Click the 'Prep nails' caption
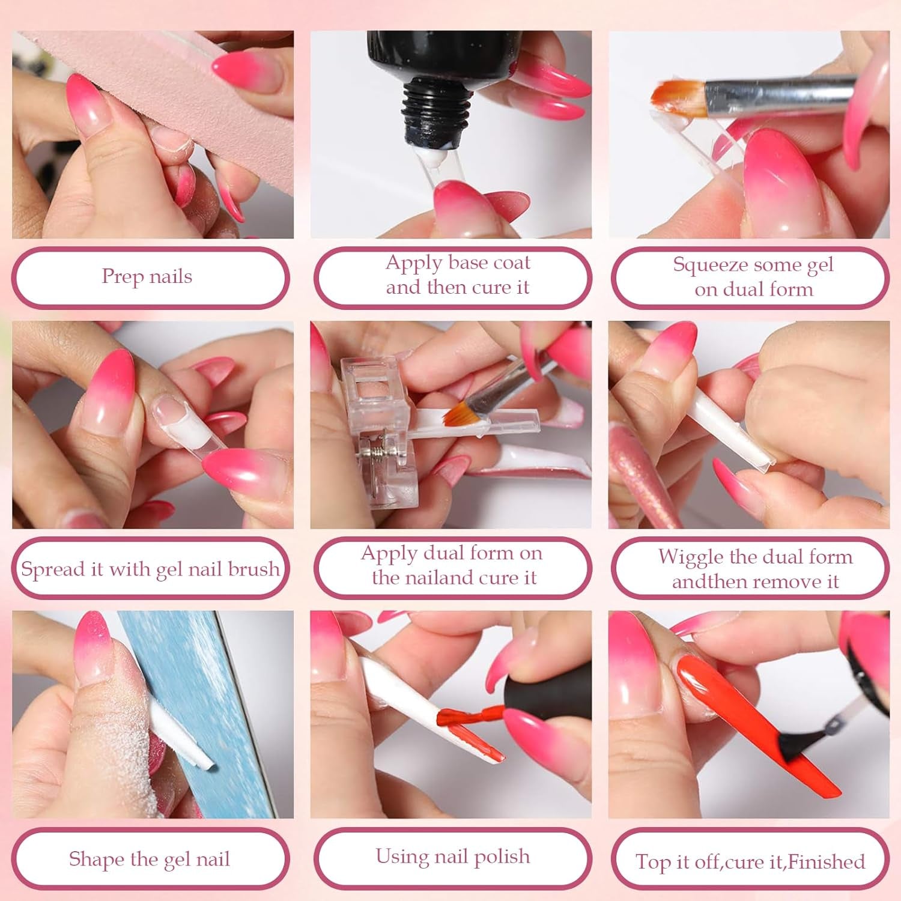click(x=147, y=277)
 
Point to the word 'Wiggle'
click(x=691, y=557)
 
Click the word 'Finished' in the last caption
click(x=827, y=862)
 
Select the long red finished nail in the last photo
click(x=751, y=721)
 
